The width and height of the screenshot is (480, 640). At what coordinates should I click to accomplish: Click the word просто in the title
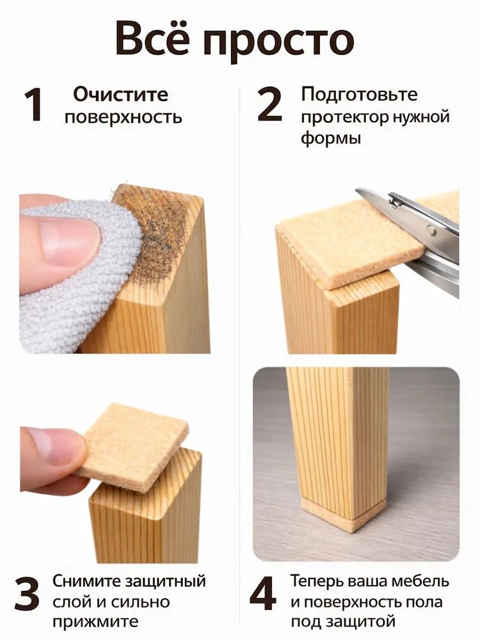tap(278, 43)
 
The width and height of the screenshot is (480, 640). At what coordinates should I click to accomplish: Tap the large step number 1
tap(33, 105)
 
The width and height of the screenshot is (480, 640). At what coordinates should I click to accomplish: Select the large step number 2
tap(270, 105)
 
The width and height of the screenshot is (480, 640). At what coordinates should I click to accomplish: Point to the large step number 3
tap(27, 593)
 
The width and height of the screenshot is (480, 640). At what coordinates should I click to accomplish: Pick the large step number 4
tap(263, 593)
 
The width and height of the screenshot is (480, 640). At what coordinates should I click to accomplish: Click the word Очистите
tap(120, 94)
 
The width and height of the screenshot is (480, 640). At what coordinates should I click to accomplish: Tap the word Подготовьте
tap(359, 95)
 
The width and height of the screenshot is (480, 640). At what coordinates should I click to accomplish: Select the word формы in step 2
tap(331, 138)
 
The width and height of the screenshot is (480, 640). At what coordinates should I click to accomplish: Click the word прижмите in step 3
tap(95, 622)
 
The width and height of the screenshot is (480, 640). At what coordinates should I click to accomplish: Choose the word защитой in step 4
tap(361, 621)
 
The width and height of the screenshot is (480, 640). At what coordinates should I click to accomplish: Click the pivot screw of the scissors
tap(431, 232)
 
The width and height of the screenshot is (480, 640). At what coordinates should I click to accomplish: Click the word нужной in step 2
tap(421, 117)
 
